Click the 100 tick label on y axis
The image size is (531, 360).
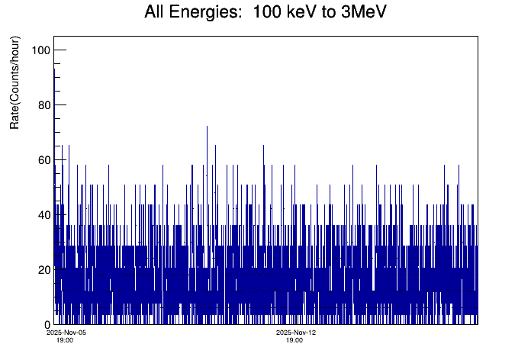pos(40,50)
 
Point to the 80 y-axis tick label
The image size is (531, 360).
pos(43,105)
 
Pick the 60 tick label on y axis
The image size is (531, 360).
pos(43,160)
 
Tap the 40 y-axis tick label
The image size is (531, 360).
pos(43,215)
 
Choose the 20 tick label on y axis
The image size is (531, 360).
pos(43,270)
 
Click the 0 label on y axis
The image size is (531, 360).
pos(47,325)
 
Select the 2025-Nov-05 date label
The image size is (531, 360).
pos(67,333)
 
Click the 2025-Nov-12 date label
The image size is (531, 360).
pos(296,333)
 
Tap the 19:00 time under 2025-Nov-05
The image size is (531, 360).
pos(66,340)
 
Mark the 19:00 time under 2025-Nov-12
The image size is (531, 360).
pos(294,340)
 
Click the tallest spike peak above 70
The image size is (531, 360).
pos(207,127)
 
